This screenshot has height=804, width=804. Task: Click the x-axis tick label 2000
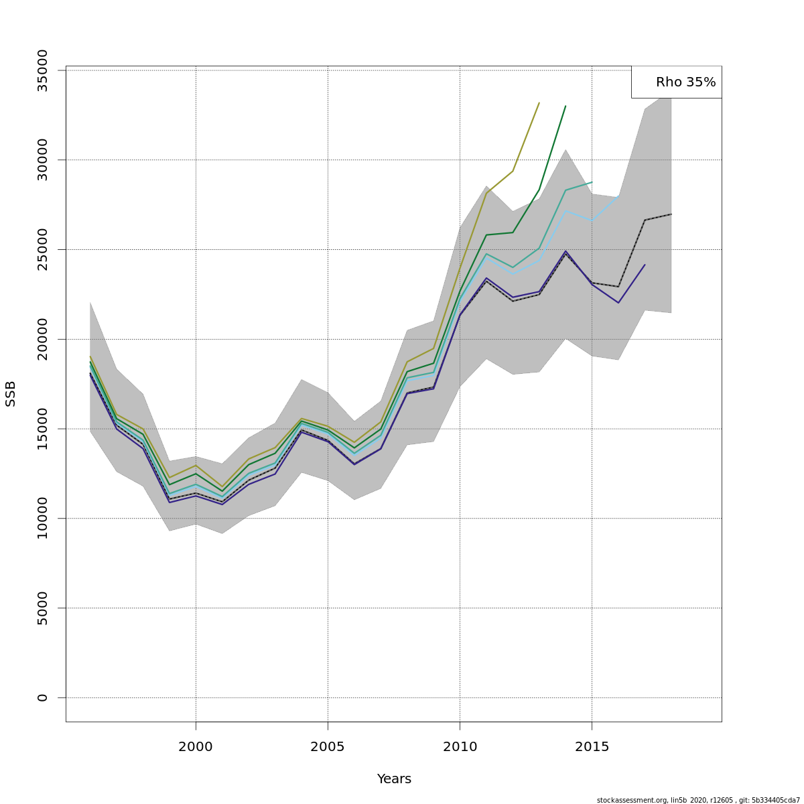point(196,746)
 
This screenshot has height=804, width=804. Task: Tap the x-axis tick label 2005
point(328,746)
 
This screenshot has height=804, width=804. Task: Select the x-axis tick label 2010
point(460,746)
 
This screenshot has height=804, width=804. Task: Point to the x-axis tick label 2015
point(592,746)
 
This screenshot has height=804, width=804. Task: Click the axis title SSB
point(11,393)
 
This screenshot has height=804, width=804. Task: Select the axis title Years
point(394,779)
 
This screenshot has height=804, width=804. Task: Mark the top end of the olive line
point(539,103)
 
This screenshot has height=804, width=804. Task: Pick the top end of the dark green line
point(565,106)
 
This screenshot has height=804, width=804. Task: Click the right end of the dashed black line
point(671,214)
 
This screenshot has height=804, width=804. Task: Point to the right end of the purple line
point(645,265)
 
